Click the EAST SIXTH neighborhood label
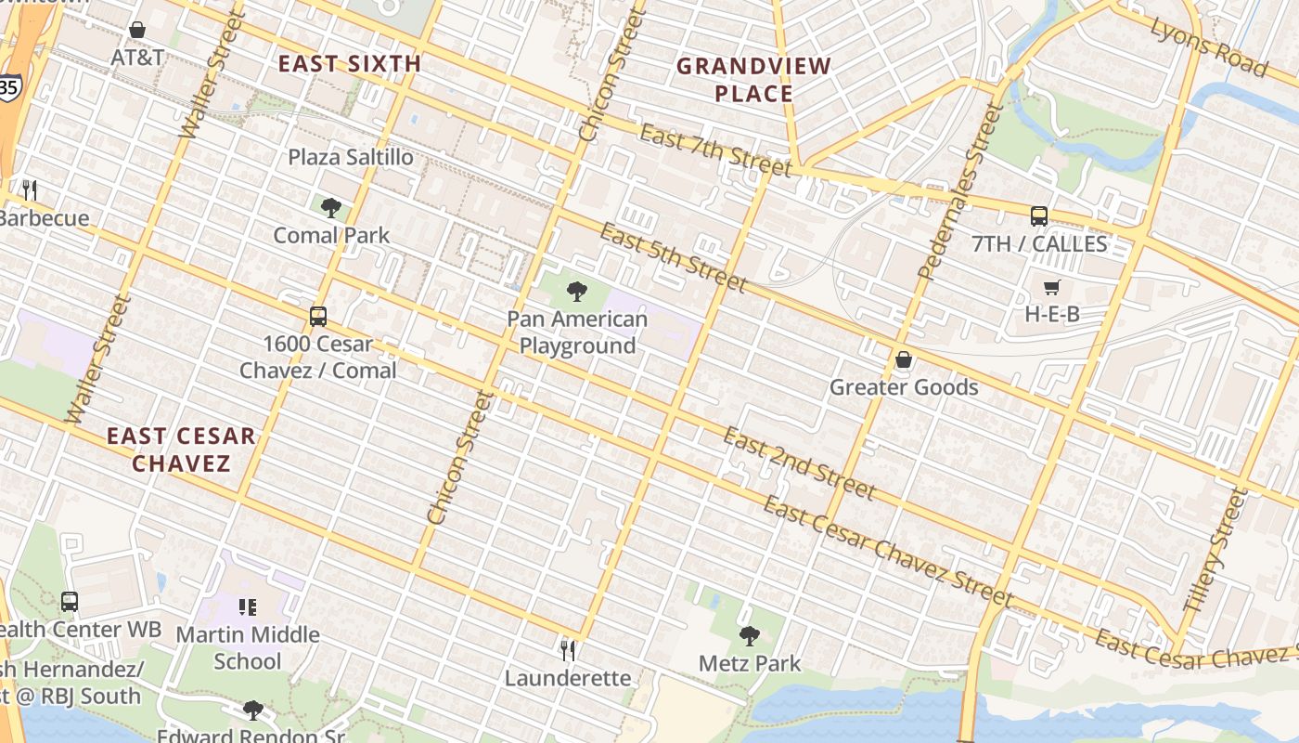click(x=350, y=64)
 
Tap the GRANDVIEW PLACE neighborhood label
click(x=753, y=80)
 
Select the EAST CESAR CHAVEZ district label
click(x=181, y=450)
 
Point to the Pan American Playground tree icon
click(x=577, y=292)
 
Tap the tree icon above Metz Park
click(x=749, y=636)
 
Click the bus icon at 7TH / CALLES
click(x=1039, y=216)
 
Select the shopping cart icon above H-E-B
click(x=1051, y=287)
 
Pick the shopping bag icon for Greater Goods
click(x=903, y=359)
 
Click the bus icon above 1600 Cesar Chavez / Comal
click(x=318, y=316)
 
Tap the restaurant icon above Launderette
click(x=568, y=650)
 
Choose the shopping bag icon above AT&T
click(x=137, y=30)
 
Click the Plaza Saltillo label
click(x=351, y=157)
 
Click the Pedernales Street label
click(x=960, y=193)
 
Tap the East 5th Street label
click(x=673, y=256)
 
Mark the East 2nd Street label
click(x=798, y=463)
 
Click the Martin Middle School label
click(x=248, y=648)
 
